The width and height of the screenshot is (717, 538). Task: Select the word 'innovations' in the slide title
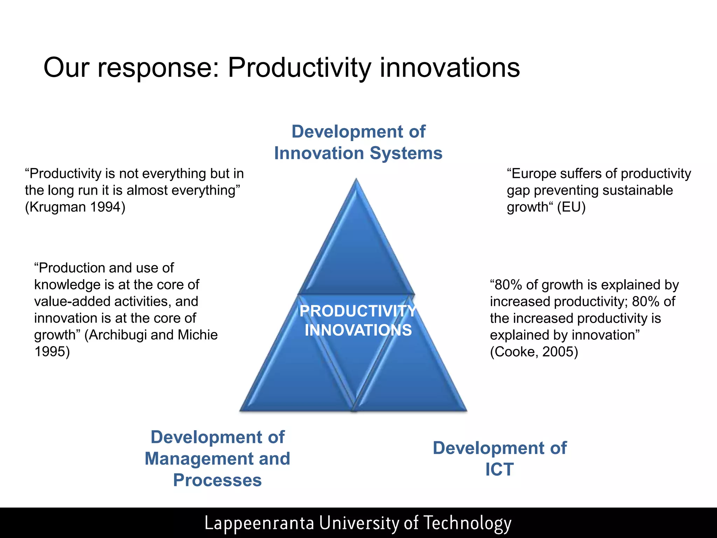click(x=450, y=68)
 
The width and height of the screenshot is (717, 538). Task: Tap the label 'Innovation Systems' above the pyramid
click(x=358, y=153)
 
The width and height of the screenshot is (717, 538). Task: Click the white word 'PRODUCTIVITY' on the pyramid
click(x=358, y=311)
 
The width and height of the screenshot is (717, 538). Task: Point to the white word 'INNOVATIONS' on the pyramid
click(x=358, y=330)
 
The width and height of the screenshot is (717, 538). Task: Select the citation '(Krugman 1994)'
click(x=75, y=207)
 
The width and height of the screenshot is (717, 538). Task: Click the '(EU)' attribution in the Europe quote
click(x=571, y=207)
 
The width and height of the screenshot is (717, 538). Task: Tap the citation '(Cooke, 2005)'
click(x=534, y=352)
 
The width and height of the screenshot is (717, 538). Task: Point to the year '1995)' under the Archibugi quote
click(x=52, y=352)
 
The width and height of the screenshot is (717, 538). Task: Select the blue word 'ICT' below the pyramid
click(x=499, y=470)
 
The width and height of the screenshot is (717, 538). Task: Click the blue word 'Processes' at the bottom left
click(x=217, y=480)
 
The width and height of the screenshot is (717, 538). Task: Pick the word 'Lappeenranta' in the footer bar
click(x=259, y=523)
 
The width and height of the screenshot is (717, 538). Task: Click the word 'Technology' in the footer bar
click(x=467, y=523)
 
